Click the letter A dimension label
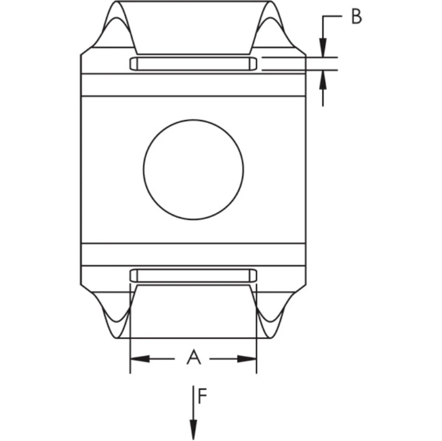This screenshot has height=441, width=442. tap(193, 357)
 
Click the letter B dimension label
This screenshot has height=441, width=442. tap(356, 17)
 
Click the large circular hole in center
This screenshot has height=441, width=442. tap(193, 169)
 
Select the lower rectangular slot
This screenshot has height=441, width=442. tap(193, 275)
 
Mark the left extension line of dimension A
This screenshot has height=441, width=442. tap(130, 338)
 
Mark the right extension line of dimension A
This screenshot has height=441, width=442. tap(256, 338)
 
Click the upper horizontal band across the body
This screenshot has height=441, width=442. tap(193, 85)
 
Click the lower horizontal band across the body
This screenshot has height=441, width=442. tap(193, 254)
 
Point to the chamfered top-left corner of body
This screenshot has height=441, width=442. tap(86, 51)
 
